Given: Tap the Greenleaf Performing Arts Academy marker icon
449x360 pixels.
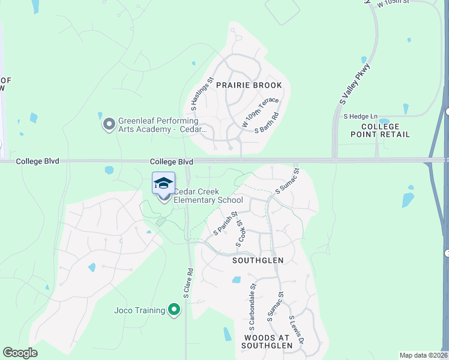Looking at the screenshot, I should (x=109, y=124).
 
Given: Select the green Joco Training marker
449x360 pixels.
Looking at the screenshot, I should (x=174, y=310).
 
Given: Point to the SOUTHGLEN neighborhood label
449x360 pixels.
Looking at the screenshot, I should (x=258, y=260).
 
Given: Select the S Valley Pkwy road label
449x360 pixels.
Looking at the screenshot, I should (x=354, y=83).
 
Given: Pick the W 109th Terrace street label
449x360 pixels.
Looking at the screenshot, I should (x=261, y=112).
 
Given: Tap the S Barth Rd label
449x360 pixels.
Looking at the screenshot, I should (x=267, y=122).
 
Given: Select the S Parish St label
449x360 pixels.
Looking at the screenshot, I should (x=226, y=223).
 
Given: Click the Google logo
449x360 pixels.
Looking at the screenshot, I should (x=20, y=353).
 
